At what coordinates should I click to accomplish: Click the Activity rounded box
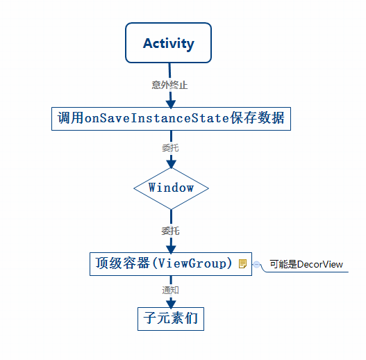tap(169, 43)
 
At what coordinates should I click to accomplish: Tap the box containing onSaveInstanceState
tap(170, 118)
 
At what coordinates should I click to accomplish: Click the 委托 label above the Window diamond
tap(170, 147)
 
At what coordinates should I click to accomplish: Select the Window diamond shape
tap(170, 188)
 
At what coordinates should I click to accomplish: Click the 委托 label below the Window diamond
tap(170, 231)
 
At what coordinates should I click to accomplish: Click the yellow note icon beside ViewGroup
tap(242, 263)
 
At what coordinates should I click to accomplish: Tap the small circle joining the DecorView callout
tap(257, 264)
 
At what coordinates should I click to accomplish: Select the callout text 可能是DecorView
tap(306, 264)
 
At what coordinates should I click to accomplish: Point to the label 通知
tap(170, 290)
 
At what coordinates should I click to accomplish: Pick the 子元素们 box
tap(171, 319)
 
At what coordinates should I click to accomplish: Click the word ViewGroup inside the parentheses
tap(192, 263)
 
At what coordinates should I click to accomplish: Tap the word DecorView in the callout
tap(320, 264)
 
